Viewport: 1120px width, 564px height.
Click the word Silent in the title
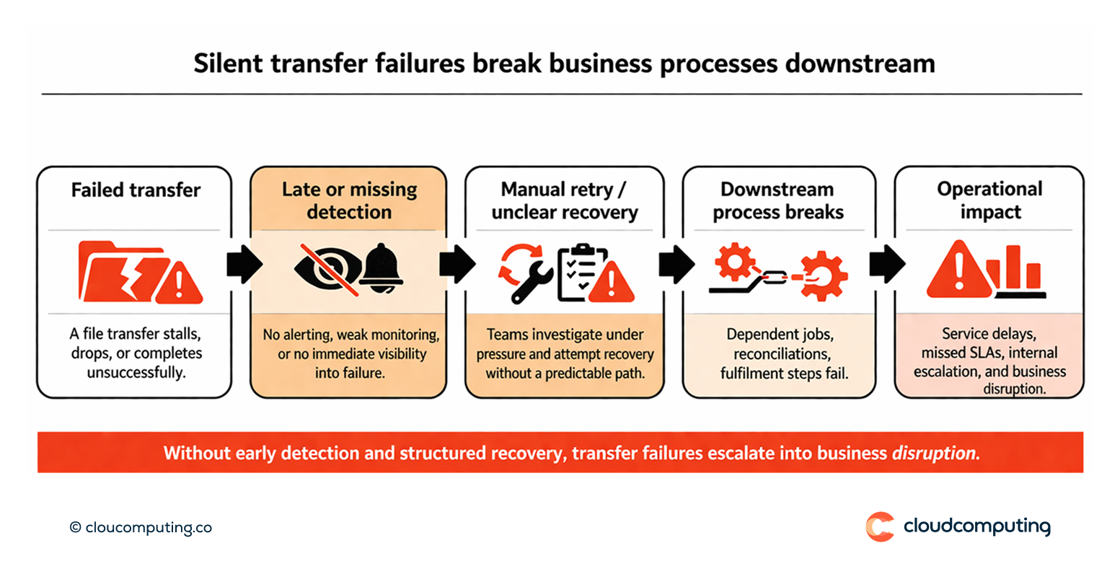pos(224,63)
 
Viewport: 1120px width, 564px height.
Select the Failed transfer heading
pos(136,190)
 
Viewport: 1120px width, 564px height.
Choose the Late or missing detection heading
pos(349,201)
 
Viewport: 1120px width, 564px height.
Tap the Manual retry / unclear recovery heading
pos(564,201)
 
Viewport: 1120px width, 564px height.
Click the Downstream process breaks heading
pos(777,201)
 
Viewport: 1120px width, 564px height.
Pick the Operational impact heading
pos(989,201)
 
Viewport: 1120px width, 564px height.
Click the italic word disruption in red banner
pos(936,454)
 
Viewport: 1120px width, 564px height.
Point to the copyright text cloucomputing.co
pos(141,527)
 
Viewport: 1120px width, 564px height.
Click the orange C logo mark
pos(879,526)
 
